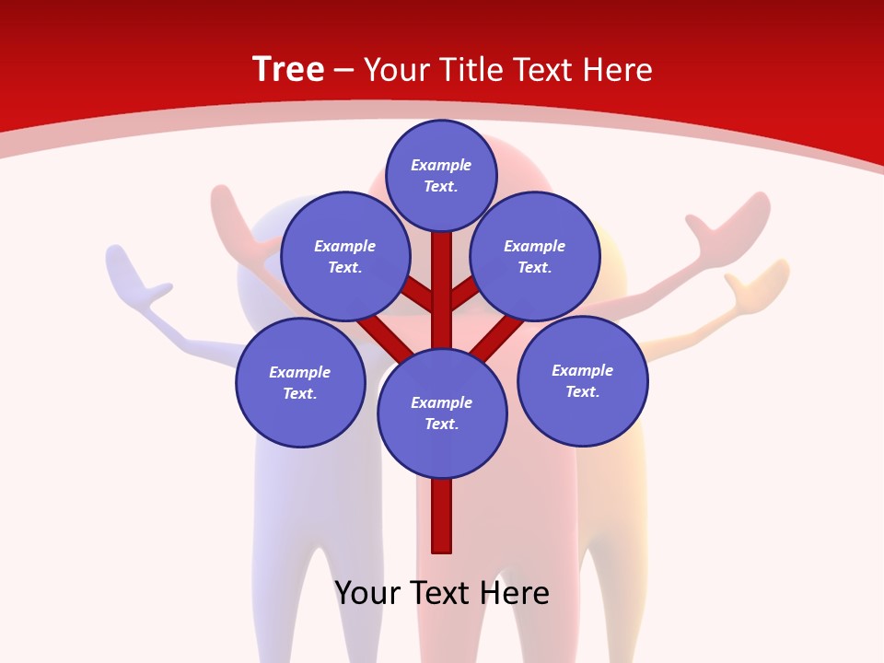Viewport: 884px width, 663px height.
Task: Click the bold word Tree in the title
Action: click(x=288, y=69)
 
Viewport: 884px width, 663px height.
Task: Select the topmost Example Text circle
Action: click(x=441, y=175)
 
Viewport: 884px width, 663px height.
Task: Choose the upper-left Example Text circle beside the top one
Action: click(x=345, y=256)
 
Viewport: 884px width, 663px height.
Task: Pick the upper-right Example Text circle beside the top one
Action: click(x=535, y=256)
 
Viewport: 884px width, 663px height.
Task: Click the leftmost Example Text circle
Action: click(x=300, y=382)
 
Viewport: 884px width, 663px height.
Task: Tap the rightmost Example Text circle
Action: click(x=583, y=380)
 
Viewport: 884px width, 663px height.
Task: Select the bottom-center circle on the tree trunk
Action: click(x=442, y=413)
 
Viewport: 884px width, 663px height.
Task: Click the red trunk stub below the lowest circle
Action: click(x=442, y=516)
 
